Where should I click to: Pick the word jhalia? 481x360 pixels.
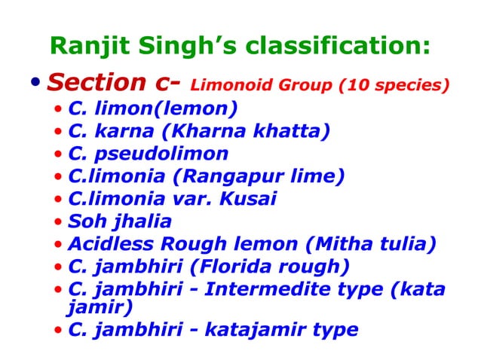point(142,221)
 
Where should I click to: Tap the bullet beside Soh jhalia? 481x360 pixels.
point(59,223)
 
